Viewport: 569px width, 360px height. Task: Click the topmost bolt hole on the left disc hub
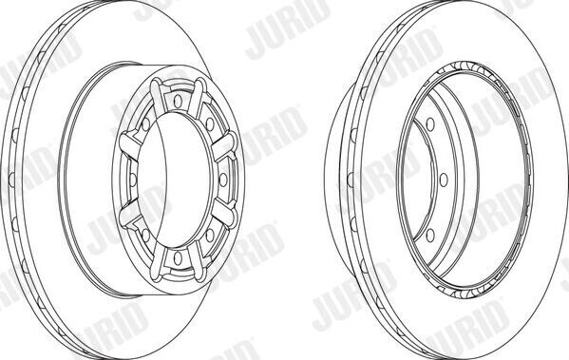[x=178, y=102]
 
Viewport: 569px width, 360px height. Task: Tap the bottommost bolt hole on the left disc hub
[x=178, y=257]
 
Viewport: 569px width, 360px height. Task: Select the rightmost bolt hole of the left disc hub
[x=223, y=180]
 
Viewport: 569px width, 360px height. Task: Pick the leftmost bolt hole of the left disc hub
[x=133, y=180]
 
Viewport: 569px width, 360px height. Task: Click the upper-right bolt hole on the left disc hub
[x=209, y=124]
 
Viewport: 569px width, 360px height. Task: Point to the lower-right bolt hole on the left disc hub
[x=209, y=236]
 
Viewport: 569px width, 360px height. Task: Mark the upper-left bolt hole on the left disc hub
[x=146, y=124]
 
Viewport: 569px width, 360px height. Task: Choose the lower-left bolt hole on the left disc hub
[x=146, y=236]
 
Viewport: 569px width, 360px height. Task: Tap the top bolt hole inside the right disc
[x=430, y=124]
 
